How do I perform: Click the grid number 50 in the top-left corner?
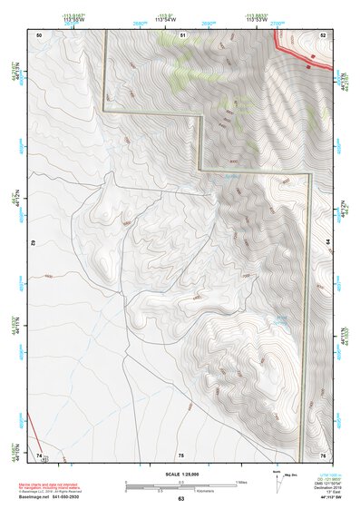(x=39, y=34)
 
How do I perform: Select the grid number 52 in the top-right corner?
(x=322, y=34)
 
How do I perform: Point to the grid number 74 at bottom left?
(x=39, y=454)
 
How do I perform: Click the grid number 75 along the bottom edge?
(x=180, y=454)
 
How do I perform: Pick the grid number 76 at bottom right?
(x=322, y=454)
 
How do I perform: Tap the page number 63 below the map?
(x=180, y=500)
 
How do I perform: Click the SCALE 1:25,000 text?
(x=180, y=474)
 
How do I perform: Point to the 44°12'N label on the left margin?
(x=14, y=197)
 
